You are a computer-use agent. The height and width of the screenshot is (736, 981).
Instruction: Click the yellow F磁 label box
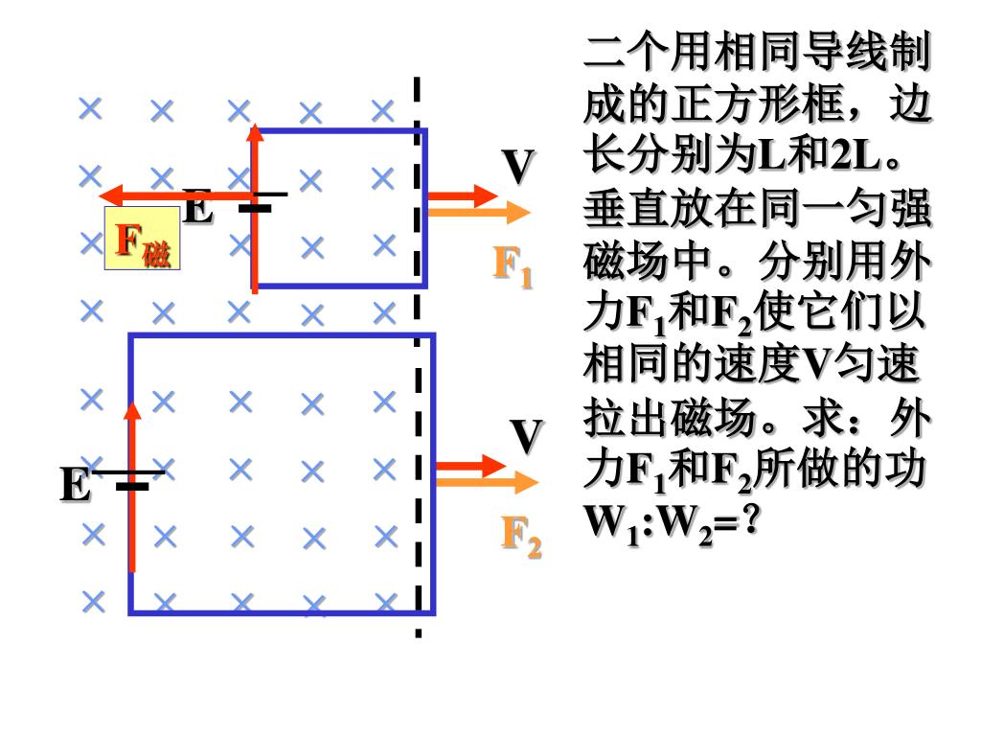coord(142,239)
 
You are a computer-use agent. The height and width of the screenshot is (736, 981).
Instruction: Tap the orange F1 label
coord(513,265)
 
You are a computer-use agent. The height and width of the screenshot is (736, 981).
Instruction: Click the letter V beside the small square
coord(518,169)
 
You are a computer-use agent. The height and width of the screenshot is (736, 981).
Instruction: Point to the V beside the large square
coord(526,437)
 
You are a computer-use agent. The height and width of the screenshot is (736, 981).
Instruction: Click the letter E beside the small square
coord(197,208)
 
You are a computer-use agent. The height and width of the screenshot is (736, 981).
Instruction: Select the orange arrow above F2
coord(489,482)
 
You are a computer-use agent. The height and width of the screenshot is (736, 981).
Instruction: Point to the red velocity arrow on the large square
coord(470,467)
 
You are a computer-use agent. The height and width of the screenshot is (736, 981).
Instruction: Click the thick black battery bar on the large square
coord(132,487)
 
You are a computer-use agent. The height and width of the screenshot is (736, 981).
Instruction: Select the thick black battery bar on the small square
coord(255,208)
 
